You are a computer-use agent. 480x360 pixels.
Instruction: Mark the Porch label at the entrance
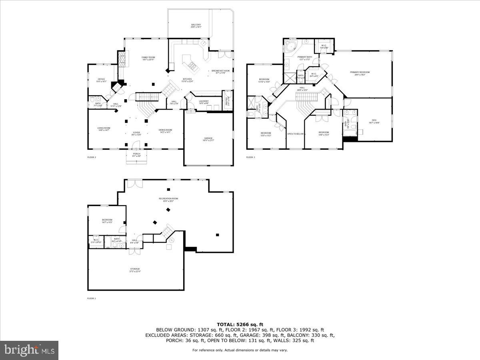137,155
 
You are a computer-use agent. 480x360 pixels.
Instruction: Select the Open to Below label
296,134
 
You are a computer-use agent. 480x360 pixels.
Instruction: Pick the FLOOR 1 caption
92,298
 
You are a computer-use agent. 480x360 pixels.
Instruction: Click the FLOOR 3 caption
250,157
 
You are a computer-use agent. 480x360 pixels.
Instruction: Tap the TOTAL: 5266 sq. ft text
240,324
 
